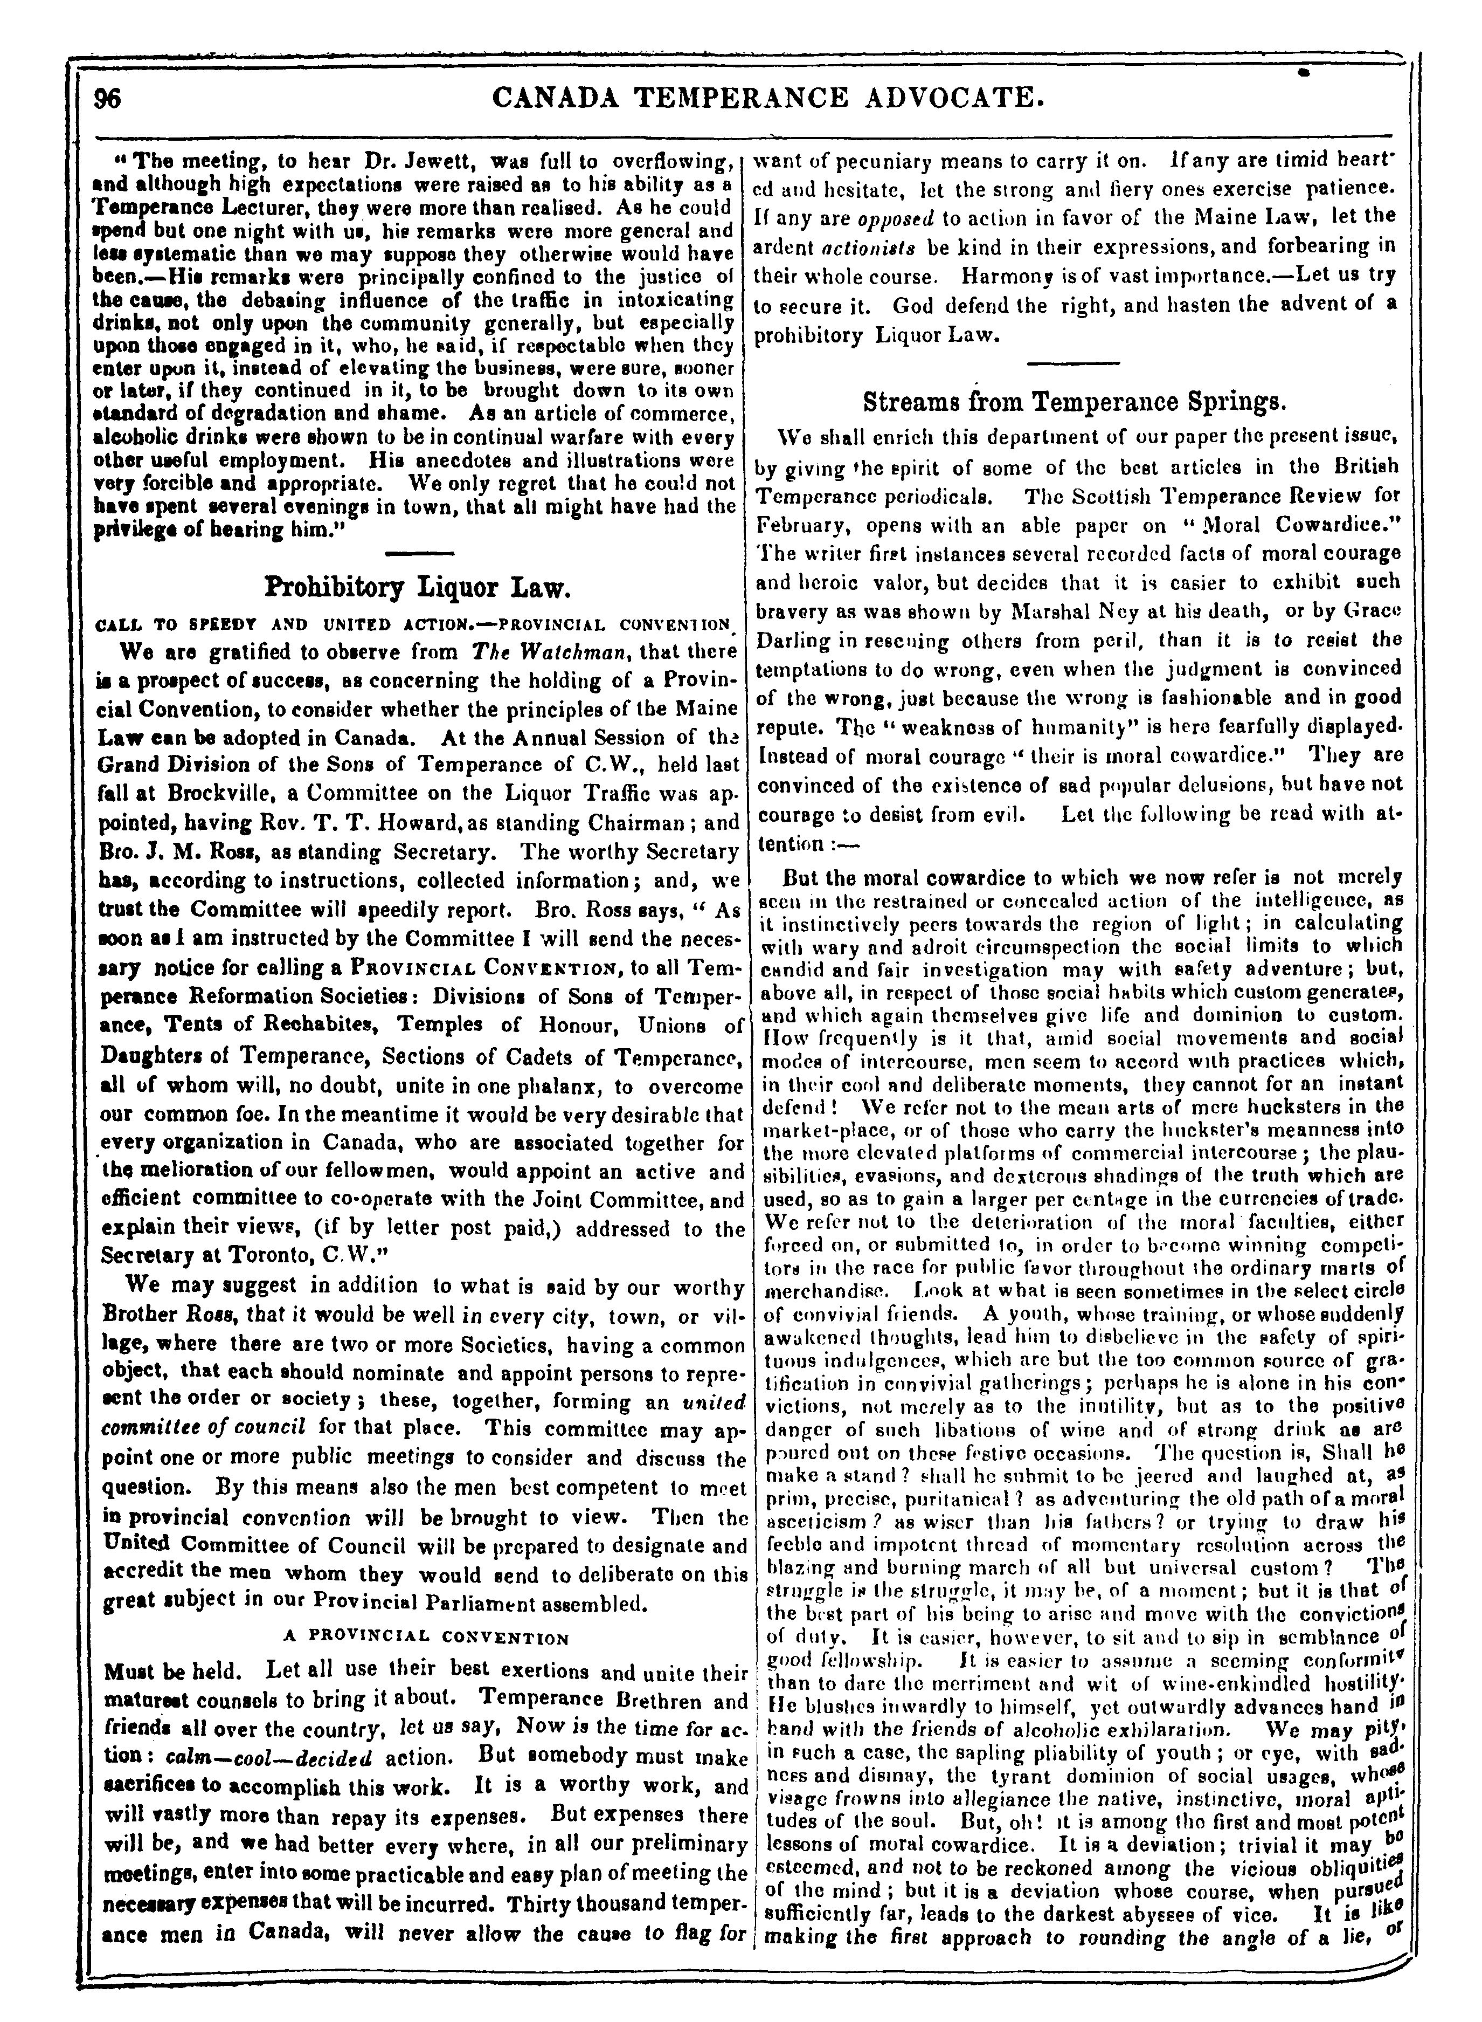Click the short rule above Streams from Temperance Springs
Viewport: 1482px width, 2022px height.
1074,363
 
